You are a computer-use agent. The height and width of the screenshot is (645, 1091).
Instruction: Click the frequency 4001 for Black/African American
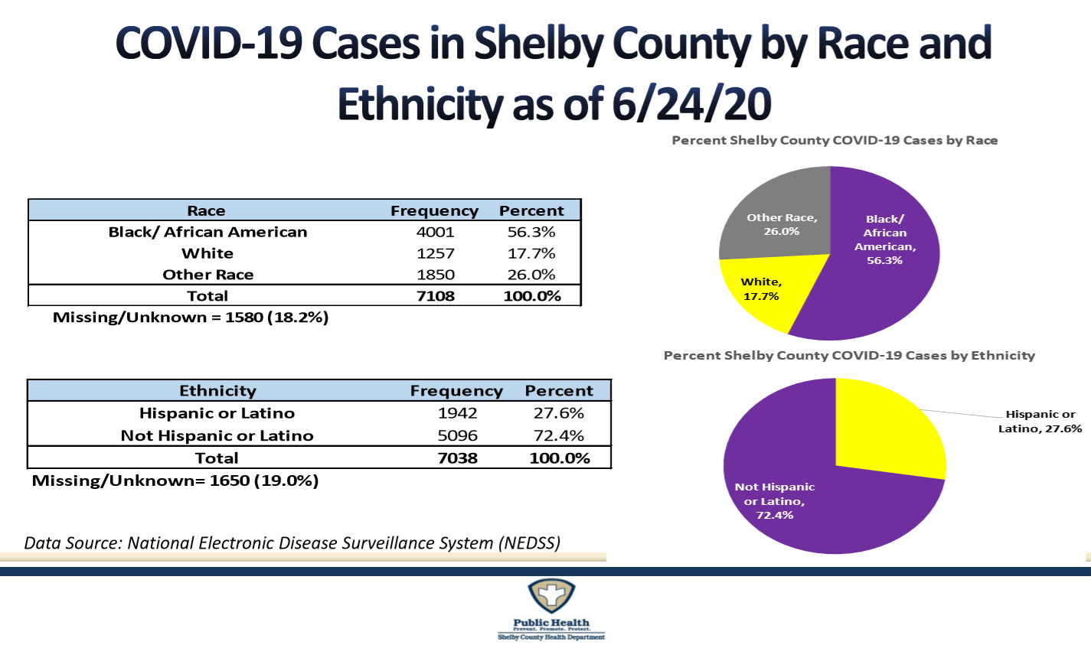435,232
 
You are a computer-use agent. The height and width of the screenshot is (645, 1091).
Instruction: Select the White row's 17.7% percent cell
531,253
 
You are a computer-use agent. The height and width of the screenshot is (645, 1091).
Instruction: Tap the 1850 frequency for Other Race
435,275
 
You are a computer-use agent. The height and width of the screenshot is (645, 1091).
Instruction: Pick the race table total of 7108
435,296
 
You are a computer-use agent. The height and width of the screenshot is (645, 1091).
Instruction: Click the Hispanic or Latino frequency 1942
457,413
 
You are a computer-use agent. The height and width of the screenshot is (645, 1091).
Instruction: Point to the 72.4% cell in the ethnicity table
558,435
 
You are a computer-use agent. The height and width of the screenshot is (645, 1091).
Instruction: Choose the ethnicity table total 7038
457,458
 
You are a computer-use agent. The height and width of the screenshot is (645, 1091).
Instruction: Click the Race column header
206,211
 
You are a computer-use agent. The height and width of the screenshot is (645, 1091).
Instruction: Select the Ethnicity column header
217,391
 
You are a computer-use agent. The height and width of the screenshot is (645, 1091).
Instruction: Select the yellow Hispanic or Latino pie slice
888,428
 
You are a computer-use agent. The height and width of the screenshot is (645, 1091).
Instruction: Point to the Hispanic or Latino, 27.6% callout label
1040,422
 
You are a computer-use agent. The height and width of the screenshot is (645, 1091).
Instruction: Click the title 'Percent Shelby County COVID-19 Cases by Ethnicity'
849,356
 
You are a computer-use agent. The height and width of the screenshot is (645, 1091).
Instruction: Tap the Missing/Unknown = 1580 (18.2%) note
191,318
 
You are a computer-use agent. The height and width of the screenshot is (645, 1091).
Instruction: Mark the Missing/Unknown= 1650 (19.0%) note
175,481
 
